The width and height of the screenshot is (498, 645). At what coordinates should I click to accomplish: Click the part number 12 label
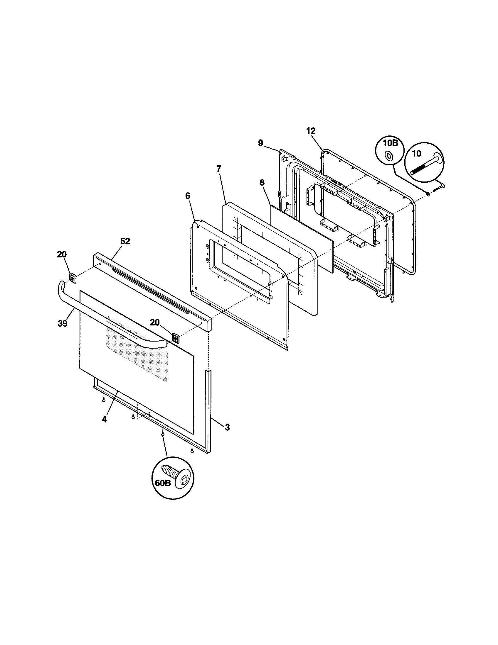pyautogui.click(x=311, y=131)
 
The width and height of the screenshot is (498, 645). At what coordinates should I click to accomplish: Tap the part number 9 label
pyautogui.click(x=260, y=143)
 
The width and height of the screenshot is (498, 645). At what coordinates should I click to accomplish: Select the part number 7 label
pyautogui.click(x=218, y=169)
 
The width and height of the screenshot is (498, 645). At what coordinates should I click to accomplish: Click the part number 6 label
pyautogui.click(x=188, y=196)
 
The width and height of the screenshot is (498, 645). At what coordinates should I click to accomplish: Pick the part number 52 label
pyautogui.click(x=125, y=241)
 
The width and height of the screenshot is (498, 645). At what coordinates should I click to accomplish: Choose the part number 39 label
pyautogui.click(x=63, y=323)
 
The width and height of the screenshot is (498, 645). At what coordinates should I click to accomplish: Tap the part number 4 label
pyautogui.click(x=104, y=419)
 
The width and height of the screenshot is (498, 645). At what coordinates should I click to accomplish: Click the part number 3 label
pyautogui.click(x=227, y=427)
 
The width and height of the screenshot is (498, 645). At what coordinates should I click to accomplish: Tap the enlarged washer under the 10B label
pyautogui.click(x=389, y=155)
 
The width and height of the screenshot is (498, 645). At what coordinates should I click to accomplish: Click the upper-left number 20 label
pyautogui.click(x=62, y=254)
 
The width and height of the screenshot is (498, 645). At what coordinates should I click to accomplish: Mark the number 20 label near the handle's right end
pyautogui.click(x=154, y=322)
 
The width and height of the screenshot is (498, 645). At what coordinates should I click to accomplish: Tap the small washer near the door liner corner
pyautogui.click(x=428, y=194)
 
